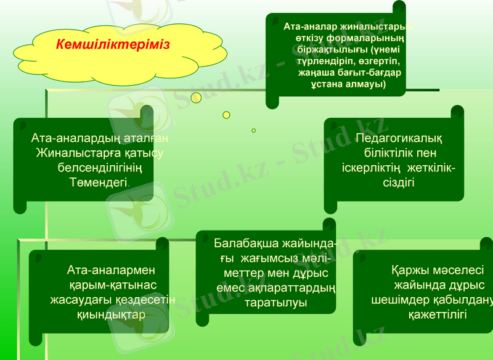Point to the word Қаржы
407,271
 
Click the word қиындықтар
112,314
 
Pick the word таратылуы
275,303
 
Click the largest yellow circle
196,97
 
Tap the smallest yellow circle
253,131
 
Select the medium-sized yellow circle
226,115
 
